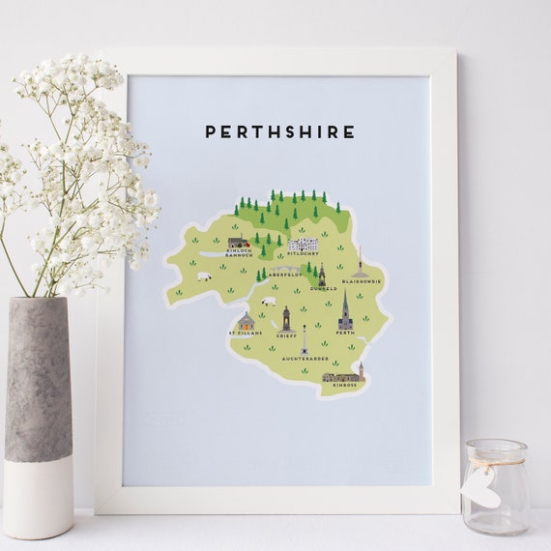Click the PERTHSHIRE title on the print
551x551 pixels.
[x=279, y=131]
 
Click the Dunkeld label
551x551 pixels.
[x=324, y=288]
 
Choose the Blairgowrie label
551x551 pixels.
[x=366, y=281]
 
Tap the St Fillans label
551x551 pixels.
[x=244, y=334]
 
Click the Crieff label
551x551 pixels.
[x=286, y=335]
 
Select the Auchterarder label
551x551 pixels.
[x=304, y=359]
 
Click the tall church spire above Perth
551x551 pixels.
[x=345, y=310]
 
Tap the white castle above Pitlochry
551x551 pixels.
[x=304, y=243]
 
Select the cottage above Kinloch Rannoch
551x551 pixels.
[x=239, y=242]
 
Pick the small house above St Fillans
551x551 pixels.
[x=246, y=322]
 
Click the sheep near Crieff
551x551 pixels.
[x=268, y=302]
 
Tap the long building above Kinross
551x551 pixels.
[x=342, y=374]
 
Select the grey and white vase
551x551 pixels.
[x=39, y=416]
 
